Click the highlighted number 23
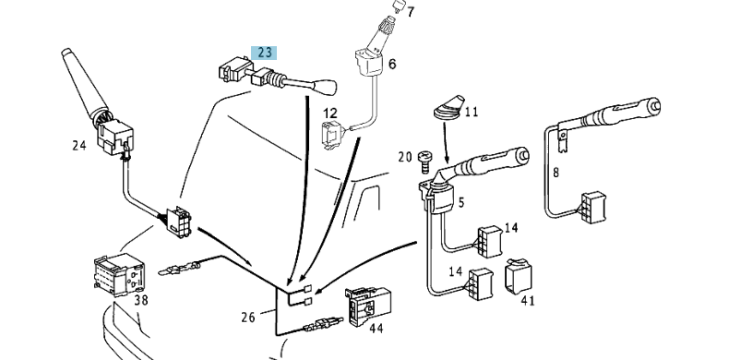click(265, 54)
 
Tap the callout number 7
click(411, 13)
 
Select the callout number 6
click(391, 64)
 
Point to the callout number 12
click(329, 113)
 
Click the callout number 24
click(80, 144)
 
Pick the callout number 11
click(472, 113)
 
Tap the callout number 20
click(403, 156)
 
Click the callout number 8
click(556, 173)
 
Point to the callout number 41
click(528, 300)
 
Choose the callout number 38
click(140, 299)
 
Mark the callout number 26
click(247, 318)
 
